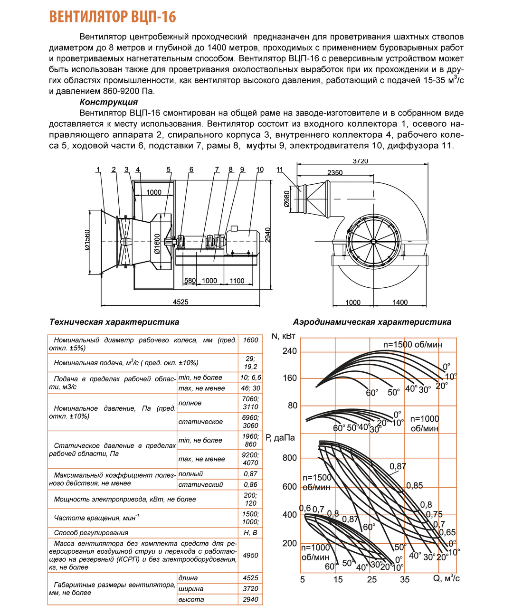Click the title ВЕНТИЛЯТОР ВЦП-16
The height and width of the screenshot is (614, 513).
click(113, 17)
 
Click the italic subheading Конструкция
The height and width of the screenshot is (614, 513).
click(109, 102)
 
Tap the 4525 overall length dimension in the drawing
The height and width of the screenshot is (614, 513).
click(180, 302)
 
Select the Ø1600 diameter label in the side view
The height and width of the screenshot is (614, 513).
click(157, 244)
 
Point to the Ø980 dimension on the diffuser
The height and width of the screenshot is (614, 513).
click(286, 199)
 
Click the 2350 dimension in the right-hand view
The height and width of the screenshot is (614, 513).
click(335, 172)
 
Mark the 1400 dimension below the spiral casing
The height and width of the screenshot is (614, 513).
click(400, 302)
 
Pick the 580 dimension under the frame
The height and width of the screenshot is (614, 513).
click(190, 281)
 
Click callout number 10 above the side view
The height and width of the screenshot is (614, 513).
click(260, 170)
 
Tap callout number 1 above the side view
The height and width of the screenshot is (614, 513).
click(98, 170)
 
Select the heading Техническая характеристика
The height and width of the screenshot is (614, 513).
click(114, 322)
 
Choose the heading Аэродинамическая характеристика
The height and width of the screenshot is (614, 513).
click(372, 322)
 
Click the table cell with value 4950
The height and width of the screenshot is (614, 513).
click(250, 555)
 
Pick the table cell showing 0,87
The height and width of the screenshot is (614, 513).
click(250, 474)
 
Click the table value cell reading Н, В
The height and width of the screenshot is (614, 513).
click(250, 533)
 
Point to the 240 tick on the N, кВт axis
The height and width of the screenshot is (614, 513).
click(289, 351)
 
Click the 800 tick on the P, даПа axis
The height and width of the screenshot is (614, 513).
click(289, 458)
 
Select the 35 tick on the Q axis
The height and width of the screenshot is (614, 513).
click(405, 579)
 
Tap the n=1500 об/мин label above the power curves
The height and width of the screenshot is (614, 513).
click(412, 345)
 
